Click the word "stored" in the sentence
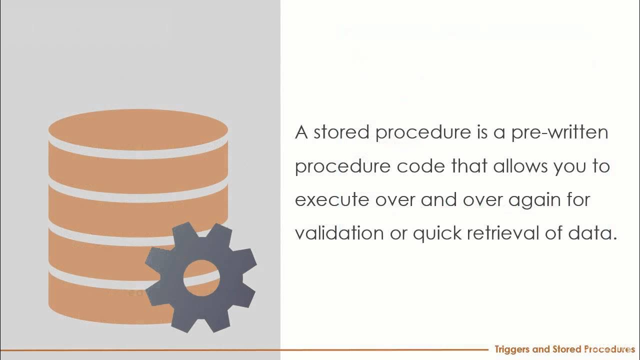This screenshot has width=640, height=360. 342,132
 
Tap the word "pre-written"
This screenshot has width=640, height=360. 559,132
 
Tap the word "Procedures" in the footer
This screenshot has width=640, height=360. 607,349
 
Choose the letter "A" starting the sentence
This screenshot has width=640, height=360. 301,132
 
